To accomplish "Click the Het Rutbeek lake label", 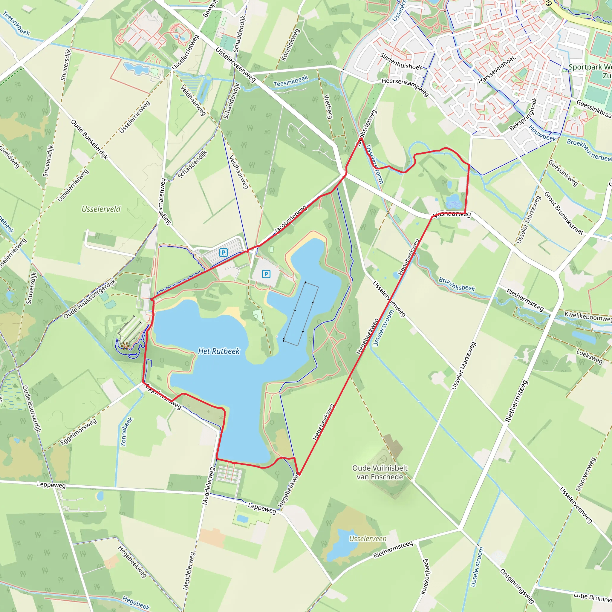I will (218, 351).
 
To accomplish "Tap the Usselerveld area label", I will (101, 209).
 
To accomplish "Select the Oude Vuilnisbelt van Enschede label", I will (380, 472).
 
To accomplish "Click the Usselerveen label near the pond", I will (368, 538).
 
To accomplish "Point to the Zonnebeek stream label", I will (126, 432).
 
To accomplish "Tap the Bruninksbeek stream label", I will (457, 284).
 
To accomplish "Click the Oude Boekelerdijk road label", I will (89, 139).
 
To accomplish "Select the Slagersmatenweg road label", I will (165, 202).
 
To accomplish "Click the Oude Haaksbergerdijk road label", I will (90, 299).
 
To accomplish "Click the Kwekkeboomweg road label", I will (588, 316).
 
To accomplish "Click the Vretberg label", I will (328, 106).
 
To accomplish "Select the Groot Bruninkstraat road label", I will (564, 213).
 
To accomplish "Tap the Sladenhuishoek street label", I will (401, 62).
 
